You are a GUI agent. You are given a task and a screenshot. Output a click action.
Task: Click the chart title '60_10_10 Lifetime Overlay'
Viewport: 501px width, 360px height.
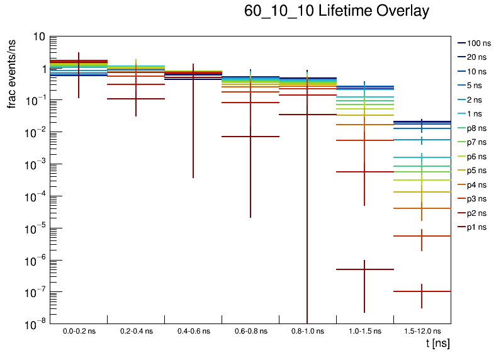click(337, 11)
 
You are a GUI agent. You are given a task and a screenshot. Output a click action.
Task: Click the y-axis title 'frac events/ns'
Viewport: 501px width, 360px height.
click(12, 72)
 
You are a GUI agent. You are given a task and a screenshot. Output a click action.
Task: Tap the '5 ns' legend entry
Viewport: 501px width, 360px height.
click(470, 85)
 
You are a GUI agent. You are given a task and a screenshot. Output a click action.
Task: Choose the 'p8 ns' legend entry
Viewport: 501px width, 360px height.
click(472, 128)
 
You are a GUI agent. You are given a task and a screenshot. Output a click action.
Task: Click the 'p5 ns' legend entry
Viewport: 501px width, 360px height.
click(472, 170)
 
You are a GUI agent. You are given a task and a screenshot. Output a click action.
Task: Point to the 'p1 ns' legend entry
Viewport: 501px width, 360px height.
click(472, 227)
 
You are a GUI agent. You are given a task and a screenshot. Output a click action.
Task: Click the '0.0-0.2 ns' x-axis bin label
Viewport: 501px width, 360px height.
click(79, 330)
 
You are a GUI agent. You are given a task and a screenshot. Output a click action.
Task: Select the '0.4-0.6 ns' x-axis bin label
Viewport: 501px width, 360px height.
click(193, 330)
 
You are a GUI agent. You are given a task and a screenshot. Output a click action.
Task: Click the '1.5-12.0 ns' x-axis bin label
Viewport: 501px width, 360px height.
click(422, 330)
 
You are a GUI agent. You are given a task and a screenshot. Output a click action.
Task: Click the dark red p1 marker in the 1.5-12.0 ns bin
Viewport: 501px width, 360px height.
click(422, 291)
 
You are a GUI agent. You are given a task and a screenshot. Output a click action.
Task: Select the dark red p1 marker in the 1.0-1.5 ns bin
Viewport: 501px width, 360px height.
click(364, 269)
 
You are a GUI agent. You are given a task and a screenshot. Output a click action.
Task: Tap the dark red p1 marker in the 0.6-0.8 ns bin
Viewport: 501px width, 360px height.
click(250, 137)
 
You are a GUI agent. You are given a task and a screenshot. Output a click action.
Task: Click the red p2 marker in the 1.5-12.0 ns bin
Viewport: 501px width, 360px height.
click(422, 236)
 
